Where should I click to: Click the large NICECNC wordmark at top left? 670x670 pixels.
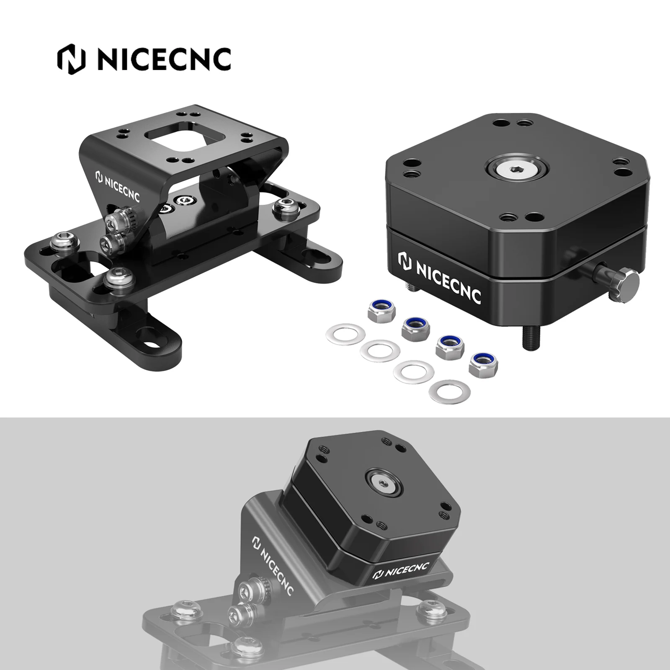click(x=163, y=59)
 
